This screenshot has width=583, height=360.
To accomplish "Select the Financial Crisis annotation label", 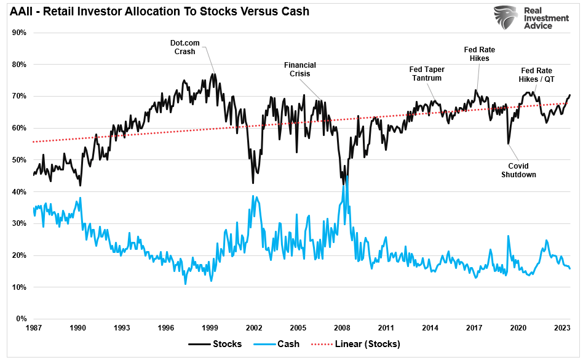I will [299, 69].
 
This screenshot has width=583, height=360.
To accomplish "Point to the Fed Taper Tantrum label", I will [427, 74].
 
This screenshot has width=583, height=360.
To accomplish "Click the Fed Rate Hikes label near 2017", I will [478, 54].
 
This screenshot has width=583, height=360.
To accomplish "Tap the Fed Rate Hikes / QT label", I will [536, 75].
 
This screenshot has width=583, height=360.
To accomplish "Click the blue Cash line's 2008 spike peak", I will [346, 176].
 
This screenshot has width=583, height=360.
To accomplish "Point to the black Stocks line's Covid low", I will [509, 144].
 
